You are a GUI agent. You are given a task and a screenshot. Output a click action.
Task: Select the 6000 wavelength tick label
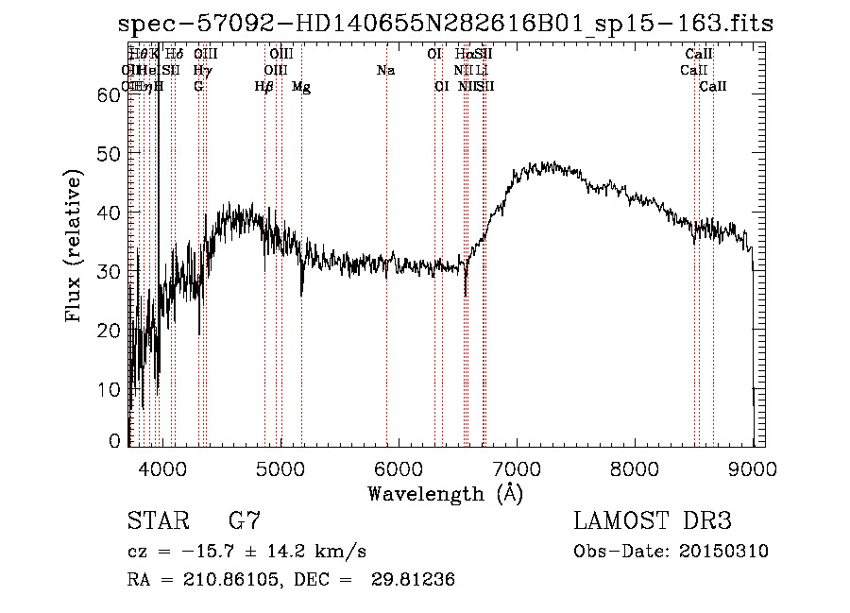(399, 467)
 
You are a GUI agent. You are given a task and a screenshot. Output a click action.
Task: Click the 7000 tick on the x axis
(517, 467)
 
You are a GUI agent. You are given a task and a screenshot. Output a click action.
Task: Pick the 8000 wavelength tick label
(636, 467)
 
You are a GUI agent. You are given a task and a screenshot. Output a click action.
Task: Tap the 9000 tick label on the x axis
(754, 467)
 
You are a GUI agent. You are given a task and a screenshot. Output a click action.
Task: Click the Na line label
(385, 71)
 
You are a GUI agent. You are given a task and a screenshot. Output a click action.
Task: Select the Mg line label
(301, 87)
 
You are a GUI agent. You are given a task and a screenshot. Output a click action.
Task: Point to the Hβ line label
(264, 87)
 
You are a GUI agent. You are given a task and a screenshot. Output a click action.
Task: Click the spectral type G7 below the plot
(245, 521)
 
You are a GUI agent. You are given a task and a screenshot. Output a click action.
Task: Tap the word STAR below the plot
(157, 521)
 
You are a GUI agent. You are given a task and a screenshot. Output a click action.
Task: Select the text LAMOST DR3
(653, 521)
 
